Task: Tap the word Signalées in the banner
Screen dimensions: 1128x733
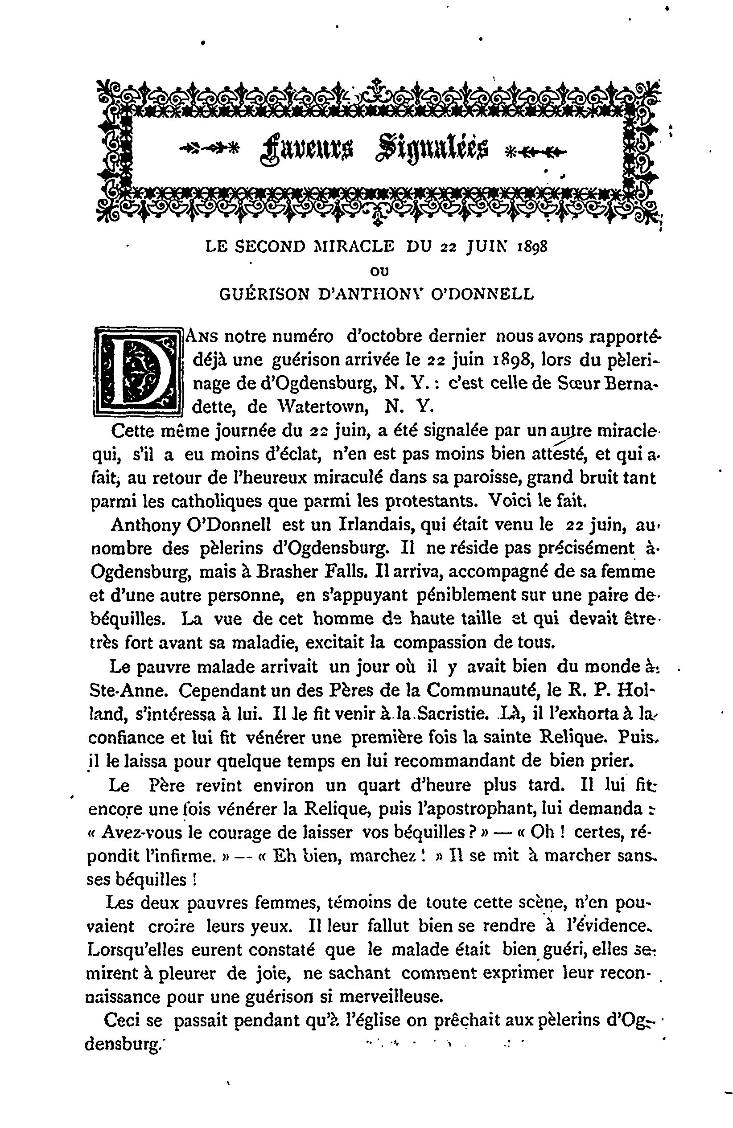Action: coord(432,150)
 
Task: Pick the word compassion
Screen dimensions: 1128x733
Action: coord(446,642)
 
